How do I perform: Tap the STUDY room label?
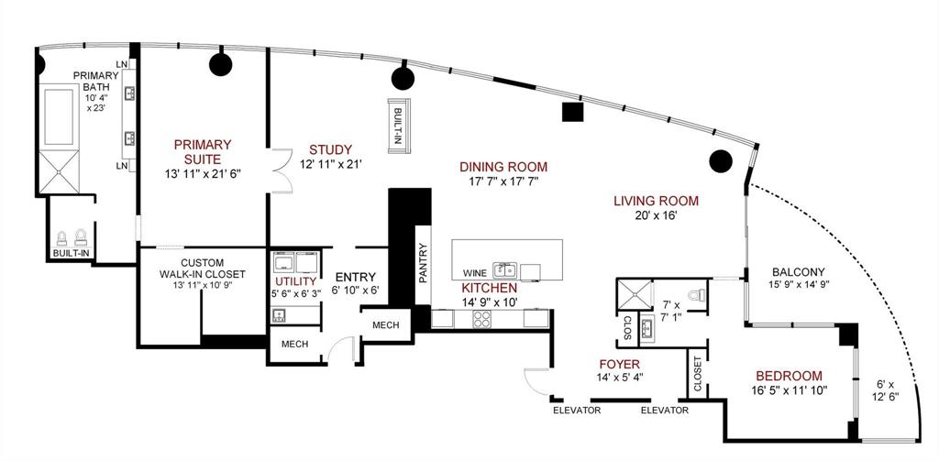pos(330,149)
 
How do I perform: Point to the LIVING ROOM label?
pos(656,201)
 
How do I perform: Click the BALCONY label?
pos(798,271)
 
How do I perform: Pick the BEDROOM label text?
pos(789,376)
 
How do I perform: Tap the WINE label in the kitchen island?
pos(474,272)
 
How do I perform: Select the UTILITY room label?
pos(296,280)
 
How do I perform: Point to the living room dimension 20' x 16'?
pos(656,217)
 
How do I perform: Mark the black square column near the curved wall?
pos(573,112)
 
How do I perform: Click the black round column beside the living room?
pos(721,161)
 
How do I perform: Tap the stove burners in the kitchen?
pos(483,318)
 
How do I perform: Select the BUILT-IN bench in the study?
pos(398,123)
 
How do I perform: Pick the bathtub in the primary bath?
pos(60,116)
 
